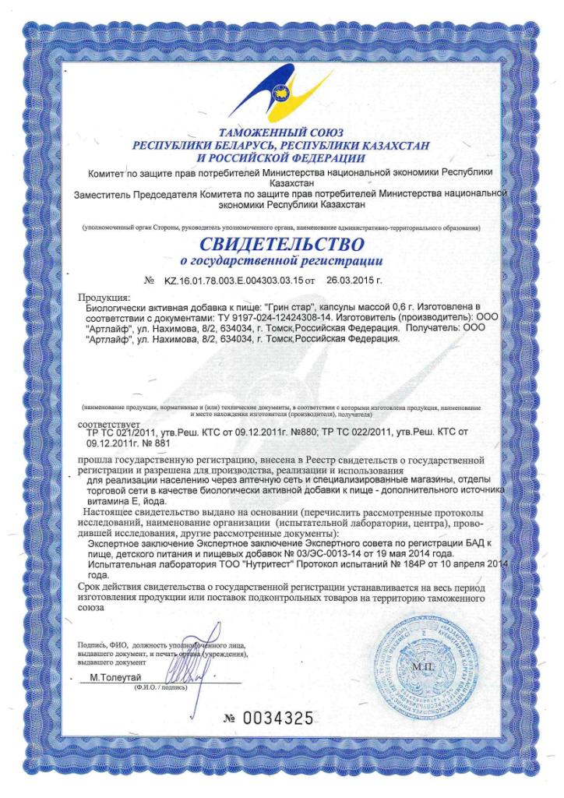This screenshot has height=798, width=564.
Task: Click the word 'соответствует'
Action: [x=110, y=424]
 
